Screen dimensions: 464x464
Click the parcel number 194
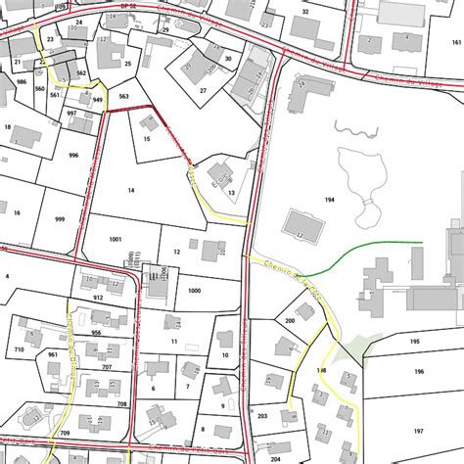tap(330, 199)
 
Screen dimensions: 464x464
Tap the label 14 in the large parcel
tap(130, 191)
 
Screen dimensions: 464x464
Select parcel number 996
tap(72, 156)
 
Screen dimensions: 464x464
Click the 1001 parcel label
tap(116, 239)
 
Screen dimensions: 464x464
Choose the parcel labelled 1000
tap(194, 291)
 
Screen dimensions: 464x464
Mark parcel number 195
tap(415, 341)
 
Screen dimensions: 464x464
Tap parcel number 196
tap(418, 372)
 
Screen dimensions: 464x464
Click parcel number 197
tap(418, 431)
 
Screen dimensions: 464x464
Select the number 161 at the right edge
tap(455, 43)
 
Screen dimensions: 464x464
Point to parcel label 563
tap(124, 96)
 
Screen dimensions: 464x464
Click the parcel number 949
tap(98, 100)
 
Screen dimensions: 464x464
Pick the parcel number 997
tap(72, 114)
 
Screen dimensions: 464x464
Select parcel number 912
tap(98, 297)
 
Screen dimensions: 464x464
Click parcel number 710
tap(19, 349)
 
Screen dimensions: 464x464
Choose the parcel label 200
tap(290, 320)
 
